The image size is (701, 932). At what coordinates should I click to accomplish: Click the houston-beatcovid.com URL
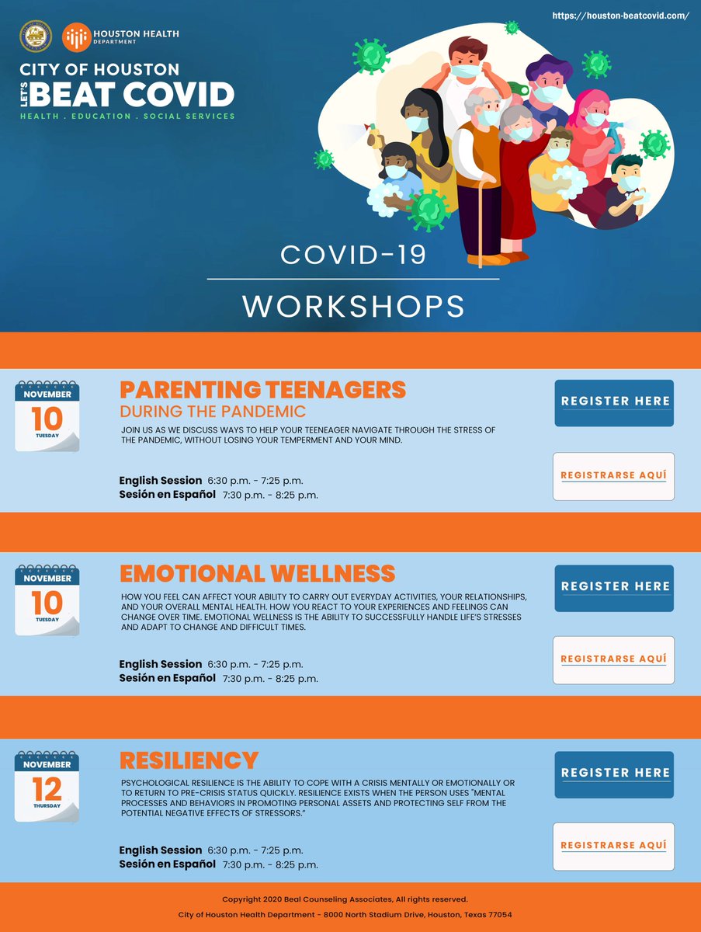(x=620, y=16)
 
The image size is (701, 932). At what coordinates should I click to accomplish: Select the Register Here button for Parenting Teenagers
(x=614, y=402)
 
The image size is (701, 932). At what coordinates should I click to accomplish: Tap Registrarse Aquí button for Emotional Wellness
(x=613, y=659)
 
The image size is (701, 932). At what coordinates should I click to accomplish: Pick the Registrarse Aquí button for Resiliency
(x=613, y=846)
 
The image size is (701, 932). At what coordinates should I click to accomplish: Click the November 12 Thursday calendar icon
(x=47, y=786)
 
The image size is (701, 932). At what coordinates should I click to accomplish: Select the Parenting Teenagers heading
(x=262, y=390)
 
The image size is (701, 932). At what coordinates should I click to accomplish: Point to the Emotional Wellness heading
(x=257, y=575)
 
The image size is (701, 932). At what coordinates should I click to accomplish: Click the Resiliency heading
(x=189, y=760)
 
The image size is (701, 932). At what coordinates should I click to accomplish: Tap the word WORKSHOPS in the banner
(x=353, y=306)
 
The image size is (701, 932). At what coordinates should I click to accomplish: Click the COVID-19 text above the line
(x=353, y=255)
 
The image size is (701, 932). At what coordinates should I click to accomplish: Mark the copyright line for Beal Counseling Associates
(x=345, y=899)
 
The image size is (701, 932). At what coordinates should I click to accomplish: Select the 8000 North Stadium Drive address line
(x=345, y=915)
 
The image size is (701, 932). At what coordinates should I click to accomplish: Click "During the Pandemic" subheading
(x=213, y=411)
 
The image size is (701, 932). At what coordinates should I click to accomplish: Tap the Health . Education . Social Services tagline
(x=128, y=116)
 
